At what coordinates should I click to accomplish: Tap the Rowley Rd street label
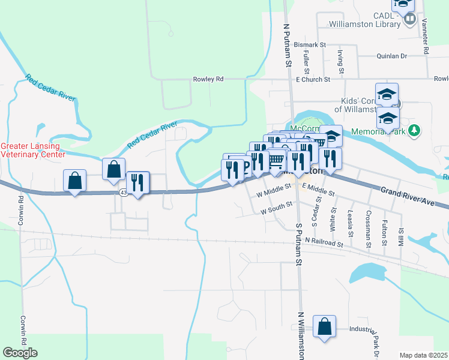click(208, 79)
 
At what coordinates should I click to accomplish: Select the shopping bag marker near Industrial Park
click(324, 328)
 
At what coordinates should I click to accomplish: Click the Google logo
click(20, 353)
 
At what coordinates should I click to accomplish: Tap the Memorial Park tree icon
click(414, 130)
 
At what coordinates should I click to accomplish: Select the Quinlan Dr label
click(392, 56)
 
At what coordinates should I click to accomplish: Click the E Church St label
click(313, 79)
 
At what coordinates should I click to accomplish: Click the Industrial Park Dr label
click(376, 343)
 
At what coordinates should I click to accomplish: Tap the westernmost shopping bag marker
click(74, 180)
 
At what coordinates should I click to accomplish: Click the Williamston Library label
click(364, 25)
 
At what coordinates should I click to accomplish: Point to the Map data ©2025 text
click(424, 355)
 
